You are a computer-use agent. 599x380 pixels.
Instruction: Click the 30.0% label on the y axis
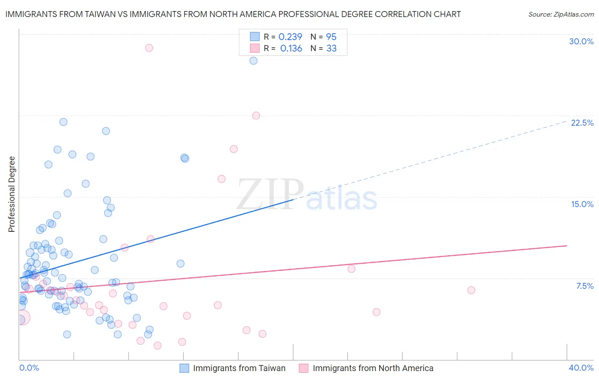[x=581, y=41]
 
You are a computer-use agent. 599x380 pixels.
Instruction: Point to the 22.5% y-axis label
[x=582, y=123]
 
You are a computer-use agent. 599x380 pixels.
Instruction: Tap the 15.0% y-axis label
[x=582, y=204]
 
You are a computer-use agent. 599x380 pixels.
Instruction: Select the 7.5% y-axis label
[x=585, y=286]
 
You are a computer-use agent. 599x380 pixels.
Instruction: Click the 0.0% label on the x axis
[x=29, y=368]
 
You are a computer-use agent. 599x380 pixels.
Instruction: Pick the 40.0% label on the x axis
[x=581, y=368]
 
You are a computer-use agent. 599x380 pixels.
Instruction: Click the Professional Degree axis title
[x=12, y=194]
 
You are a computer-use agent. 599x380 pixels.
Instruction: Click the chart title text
[x=233, y=14]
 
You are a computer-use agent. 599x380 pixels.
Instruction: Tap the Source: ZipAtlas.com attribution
[x=561, y=14]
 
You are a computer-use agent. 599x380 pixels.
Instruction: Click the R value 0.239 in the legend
[x=290, y=37]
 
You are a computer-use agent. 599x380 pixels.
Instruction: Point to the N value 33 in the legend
[x=331, y=49]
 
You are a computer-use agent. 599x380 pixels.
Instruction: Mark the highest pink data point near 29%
[x=149, y=48]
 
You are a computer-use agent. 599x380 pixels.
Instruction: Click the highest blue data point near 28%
[x=253, y=60]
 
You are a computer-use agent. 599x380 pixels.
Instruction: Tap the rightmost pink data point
[x=471, y=290]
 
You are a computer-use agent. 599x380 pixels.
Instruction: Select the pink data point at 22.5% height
[x=256, y=115]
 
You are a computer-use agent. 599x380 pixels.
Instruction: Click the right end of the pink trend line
[x=566, y=246]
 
